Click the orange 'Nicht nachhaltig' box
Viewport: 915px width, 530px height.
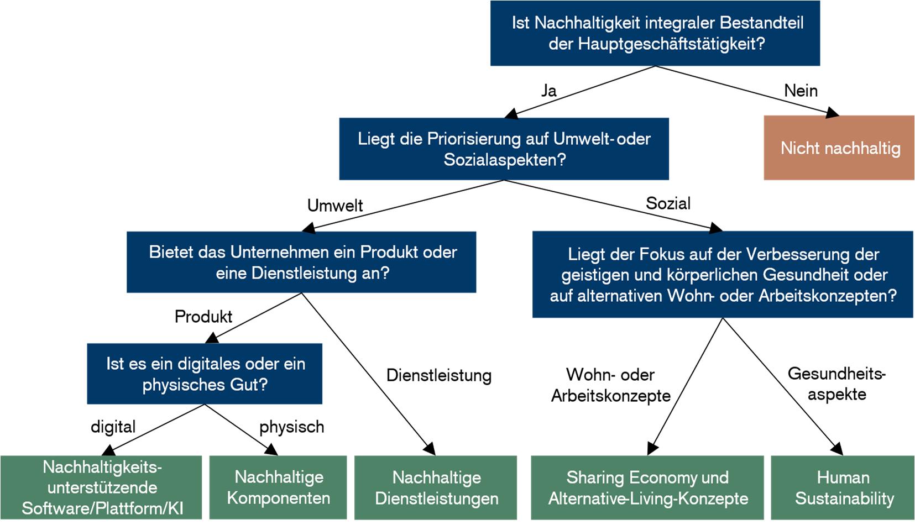(x=839, y=148)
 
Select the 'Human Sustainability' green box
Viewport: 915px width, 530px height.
(x=843, y=487)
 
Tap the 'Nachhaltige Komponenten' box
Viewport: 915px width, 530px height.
(x=278, y=487)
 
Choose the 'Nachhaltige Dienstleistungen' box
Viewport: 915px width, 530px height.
(x=436, y=487)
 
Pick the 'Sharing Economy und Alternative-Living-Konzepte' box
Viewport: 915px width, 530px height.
(x=647, y=487)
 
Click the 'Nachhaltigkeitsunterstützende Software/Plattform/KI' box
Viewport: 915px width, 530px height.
(x=101, y=487)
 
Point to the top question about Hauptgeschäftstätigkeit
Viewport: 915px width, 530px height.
(x=655, y=33)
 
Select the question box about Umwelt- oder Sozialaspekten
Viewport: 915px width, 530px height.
(x=504, y=149)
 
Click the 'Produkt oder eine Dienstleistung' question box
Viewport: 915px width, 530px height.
(x=301, y=262)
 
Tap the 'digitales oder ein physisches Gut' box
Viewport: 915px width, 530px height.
(x=205, y=374)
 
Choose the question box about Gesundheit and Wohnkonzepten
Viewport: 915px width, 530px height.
(x=723, y=275)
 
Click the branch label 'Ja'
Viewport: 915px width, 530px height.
(x=548, y=91)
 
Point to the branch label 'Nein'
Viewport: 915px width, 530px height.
(x=801, y=91)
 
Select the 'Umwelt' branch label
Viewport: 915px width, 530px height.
(x=335, y=206)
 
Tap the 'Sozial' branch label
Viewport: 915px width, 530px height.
(x=668, y=203)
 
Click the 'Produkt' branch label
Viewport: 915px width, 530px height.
(x=203, y=317)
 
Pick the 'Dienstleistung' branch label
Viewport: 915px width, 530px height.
(x=438, y=375)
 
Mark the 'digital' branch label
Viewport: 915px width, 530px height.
(x=113, y=427)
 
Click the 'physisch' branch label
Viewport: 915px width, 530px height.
(x=291, y=427)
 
